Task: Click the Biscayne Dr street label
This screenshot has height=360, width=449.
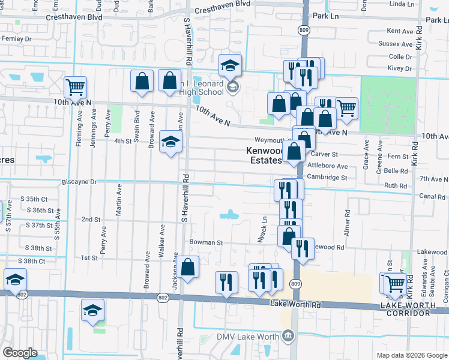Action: pos(79,181)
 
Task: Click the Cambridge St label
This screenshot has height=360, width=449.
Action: pos(327,178)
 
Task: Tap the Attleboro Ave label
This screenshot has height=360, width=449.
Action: pos(327,166)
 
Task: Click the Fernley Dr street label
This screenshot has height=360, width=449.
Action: pos(16,38)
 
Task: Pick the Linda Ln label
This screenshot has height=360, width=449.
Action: pos(402,4)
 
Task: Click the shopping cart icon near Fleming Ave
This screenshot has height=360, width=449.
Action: pos(76,88)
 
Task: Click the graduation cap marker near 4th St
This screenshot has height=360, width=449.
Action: pos(171,143)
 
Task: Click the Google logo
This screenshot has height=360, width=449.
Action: pos(20,353)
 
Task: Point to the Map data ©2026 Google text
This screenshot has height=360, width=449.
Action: pos(411,355)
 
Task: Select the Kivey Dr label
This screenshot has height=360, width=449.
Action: pos(400,68)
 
